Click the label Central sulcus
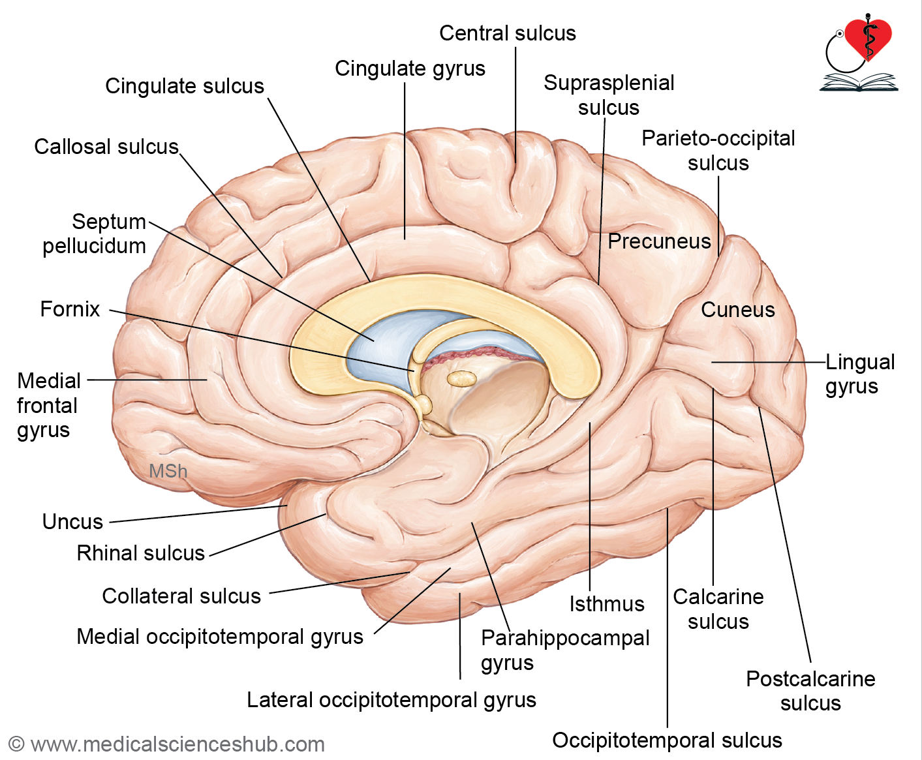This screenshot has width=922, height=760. click(508, 33)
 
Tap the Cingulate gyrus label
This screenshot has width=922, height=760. click(410, 69)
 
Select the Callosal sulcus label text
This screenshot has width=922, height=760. click(106, 147)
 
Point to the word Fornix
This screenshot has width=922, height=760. click(70, 309)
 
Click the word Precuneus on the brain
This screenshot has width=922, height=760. click(659, 241)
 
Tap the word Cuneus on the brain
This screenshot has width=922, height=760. click(738, 310)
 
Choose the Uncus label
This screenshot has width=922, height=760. click(72, 522)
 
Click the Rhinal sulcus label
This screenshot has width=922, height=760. click(141, 553)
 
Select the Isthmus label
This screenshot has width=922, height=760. click(607, 604)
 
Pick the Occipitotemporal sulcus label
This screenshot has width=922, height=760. click(667, 740)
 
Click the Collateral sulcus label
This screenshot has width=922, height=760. click(181, 596)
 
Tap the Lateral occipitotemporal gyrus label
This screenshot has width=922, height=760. click(392, 701)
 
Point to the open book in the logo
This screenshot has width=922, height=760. click(859, 82)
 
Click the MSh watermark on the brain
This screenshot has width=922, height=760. click(168, 471)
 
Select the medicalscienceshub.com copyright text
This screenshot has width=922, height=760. click(167, 744)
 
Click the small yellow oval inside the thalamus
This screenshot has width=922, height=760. click(461, 378)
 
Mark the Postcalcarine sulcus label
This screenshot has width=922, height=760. click(810, 691)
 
